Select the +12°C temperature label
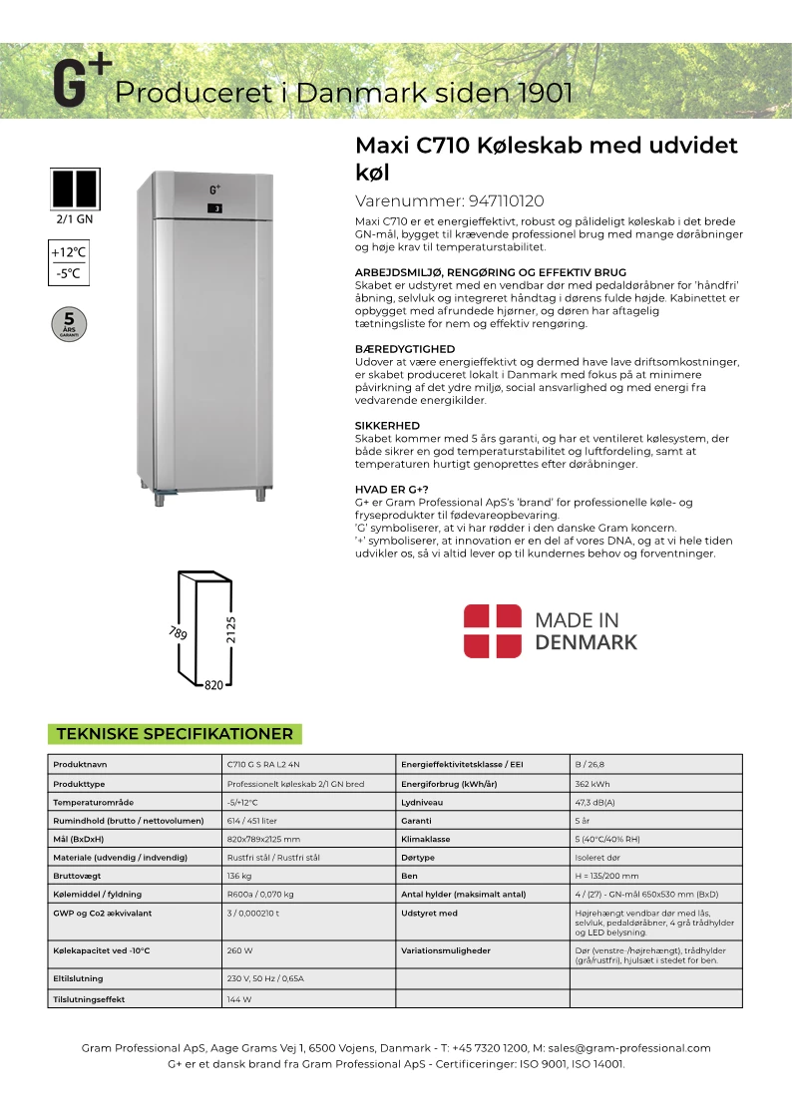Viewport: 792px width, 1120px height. coord(70,252)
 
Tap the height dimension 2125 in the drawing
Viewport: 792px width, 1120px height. coord(231,629)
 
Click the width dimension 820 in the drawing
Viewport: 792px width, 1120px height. coord(213,685)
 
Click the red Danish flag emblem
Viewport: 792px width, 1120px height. coord(493,630)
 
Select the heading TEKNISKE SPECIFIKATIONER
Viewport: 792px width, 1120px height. coord(175,734)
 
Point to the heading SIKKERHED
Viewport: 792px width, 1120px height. coord(387,426)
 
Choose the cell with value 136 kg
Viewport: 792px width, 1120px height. coord(239,876)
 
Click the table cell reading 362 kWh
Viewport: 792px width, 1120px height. coord(594,783)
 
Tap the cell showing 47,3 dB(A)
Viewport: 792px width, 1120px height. coord(595,802)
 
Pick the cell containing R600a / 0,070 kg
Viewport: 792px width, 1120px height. coord(260,894)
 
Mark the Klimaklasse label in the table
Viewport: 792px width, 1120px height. coord(426,839)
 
